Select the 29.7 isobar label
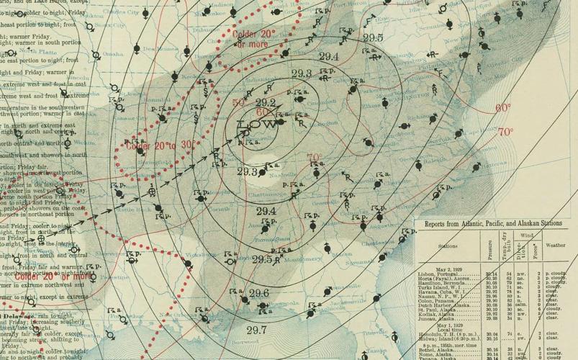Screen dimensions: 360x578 (256, 330)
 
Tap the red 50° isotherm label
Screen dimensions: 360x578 (240, 103)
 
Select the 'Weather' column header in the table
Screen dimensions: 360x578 (557, 245)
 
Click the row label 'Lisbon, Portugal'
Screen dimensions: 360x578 (441, 274)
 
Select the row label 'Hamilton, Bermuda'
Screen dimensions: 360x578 (442, 283)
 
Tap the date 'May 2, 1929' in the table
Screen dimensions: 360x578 (442, 268)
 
